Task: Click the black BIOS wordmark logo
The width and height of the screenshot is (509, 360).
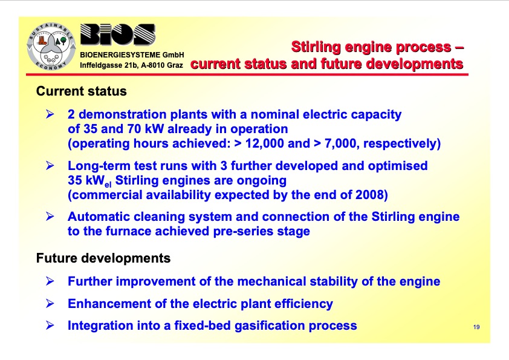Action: click(118, 38)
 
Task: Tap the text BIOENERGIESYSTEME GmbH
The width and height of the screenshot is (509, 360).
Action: click(132, 55)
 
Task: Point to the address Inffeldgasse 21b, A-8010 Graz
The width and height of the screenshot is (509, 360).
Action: click(132, 64)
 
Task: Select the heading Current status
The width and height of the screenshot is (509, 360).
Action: click(82, 91)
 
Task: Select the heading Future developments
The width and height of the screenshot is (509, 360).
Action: click(103, 258)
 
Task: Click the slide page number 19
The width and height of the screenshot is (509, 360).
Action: click(476, 327)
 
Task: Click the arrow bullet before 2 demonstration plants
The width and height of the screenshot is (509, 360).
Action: click(51, 114)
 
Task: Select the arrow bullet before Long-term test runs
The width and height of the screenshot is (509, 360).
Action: click(51, 166)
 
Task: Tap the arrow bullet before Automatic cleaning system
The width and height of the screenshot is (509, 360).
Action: click(51, 217)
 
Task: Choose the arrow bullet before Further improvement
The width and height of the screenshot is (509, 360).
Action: click(51, 281)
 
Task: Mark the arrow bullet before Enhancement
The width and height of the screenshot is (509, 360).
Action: click(51, 304)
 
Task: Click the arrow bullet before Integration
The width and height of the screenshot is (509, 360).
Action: click(51, 326)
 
